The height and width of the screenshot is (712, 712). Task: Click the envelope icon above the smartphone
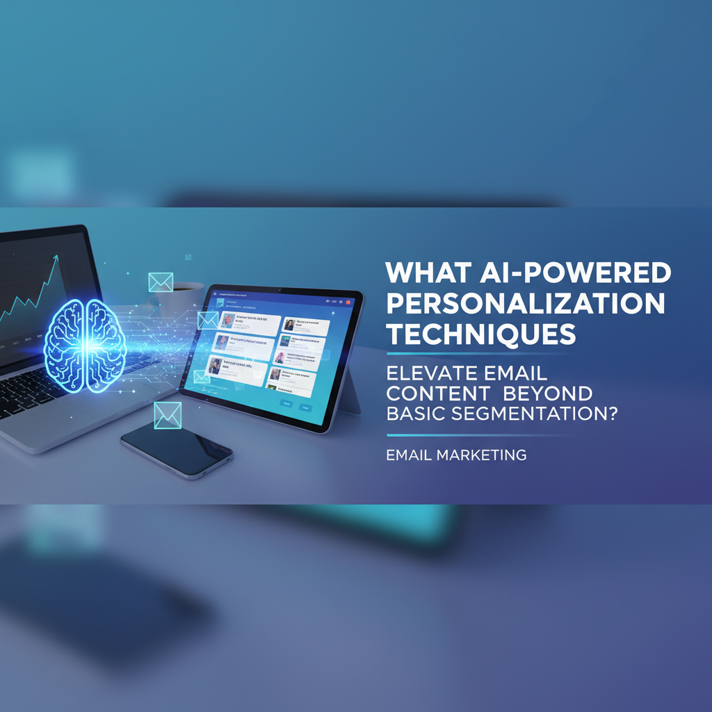(168, 414)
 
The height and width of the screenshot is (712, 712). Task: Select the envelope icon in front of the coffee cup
(161, 282)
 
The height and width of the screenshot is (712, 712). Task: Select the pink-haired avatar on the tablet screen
(280, 357)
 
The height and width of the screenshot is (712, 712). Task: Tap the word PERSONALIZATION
(526, 304)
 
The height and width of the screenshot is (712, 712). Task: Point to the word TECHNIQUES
(481, 334)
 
